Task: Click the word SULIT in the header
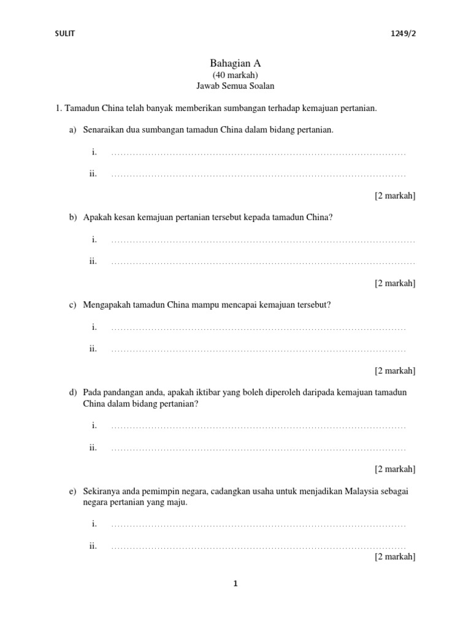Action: [x=64, y=34]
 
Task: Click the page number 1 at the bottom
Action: [x=235, y=584]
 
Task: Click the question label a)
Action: [x=72, y=130]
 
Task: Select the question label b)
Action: [x=72, y=217]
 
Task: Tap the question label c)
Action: [x=72, y=305]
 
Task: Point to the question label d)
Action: [x=72, y=392]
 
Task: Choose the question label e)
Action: [x=72, y=491]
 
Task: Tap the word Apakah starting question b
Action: [x=98, y=217]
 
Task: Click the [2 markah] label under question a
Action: [x=395, y=196]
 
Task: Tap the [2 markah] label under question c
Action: [x=395, y=370]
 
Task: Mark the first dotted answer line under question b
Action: [x=262, y=240]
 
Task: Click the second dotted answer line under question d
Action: [x=258, y=448]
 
